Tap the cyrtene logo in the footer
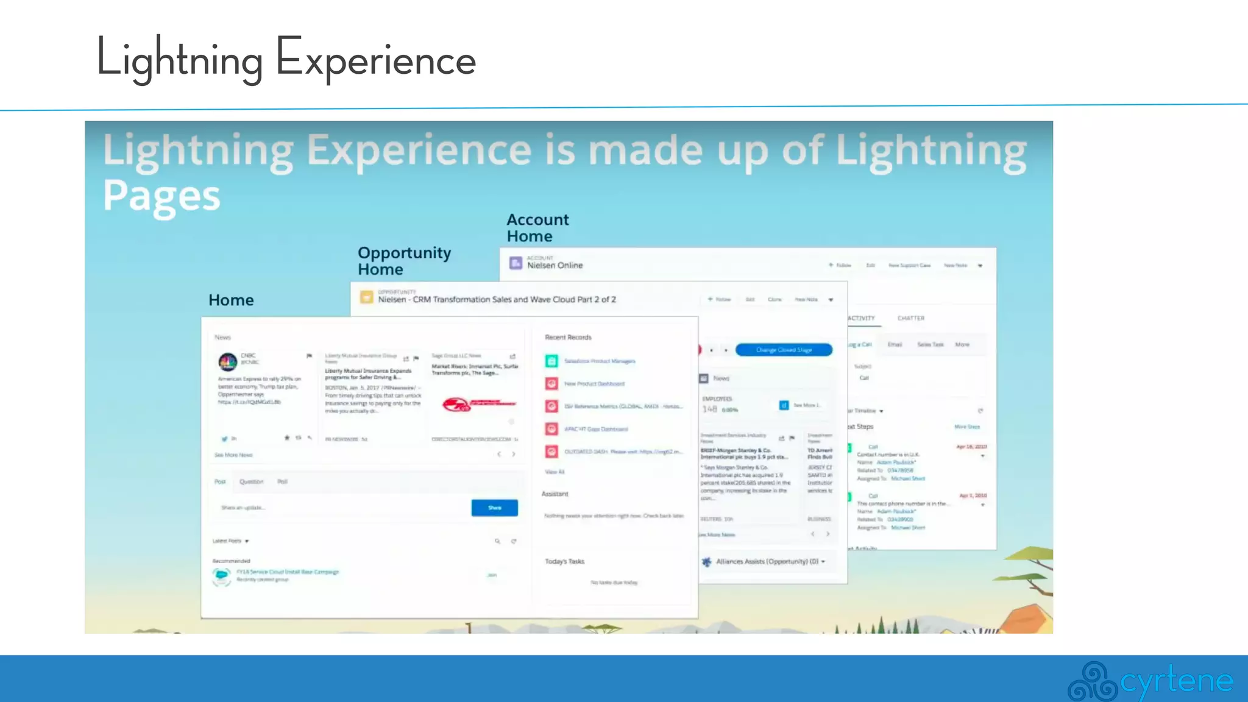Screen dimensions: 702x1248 coord(1150,681)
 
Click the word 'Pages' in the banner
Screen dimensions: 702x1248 coord(161,196)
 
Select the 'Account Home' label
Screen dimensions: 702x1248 coord(537,228)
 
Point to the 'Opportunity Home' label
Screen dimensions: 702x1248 coord(404,261)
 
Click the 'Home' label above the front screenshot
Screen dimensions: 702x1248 coord(231,300)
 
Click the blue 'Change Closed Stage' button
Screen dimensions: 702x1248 coord(784,350)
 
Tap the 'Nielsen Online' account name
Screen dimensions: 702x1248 coord(555,266)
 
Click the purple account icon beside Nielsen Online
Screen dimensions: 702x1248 coord(516,263)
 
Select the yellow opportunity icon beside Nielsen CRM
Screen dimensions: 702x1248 coord(366,297)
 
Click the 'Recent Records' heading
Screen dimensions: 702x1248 coord(568,338)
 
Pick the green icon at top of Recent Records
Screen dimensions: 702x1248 coord(551,361)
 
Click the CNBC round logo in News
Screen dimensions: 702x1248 coord(228,362)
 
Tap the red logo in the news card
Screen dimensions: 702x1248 coord(478,404)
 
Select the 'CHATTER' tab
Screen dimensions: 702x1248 coord(910,319)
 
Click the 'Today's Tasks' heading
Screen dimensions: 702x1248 coord(564,562)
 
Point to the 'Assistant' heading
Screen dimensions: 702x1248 coord(555,494)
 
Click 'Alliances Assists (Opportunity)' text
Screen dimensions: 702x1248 coord(767,562)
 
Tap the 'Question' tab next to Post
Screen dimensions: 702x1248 coord(251,482)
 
